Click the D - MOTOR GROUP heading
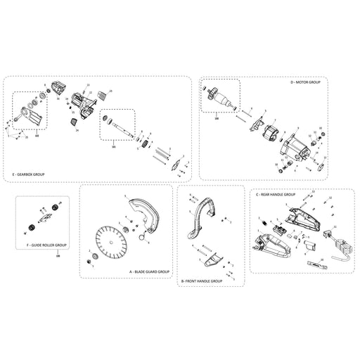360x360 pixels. pyautogui.click(x=304, y=82)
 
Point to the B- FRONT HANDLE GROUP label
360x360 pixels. pyautogui.click(x=201, y=281)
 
